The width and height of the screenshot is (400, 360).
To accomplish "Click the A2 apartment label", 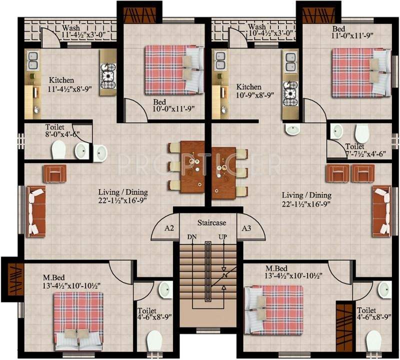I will tap(169, 228).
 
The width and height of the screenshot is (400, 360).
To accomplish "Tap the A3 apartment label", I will tap(246, 228).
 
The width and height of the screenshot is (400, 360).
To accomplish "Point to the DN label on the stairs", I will tap(192, 236).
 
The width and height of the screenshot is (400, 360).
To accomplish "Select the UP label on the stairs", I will tap(223, 236).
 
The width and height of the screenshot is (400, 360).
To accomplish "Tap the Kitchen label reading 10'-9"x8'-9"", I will tap(249, 90).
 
